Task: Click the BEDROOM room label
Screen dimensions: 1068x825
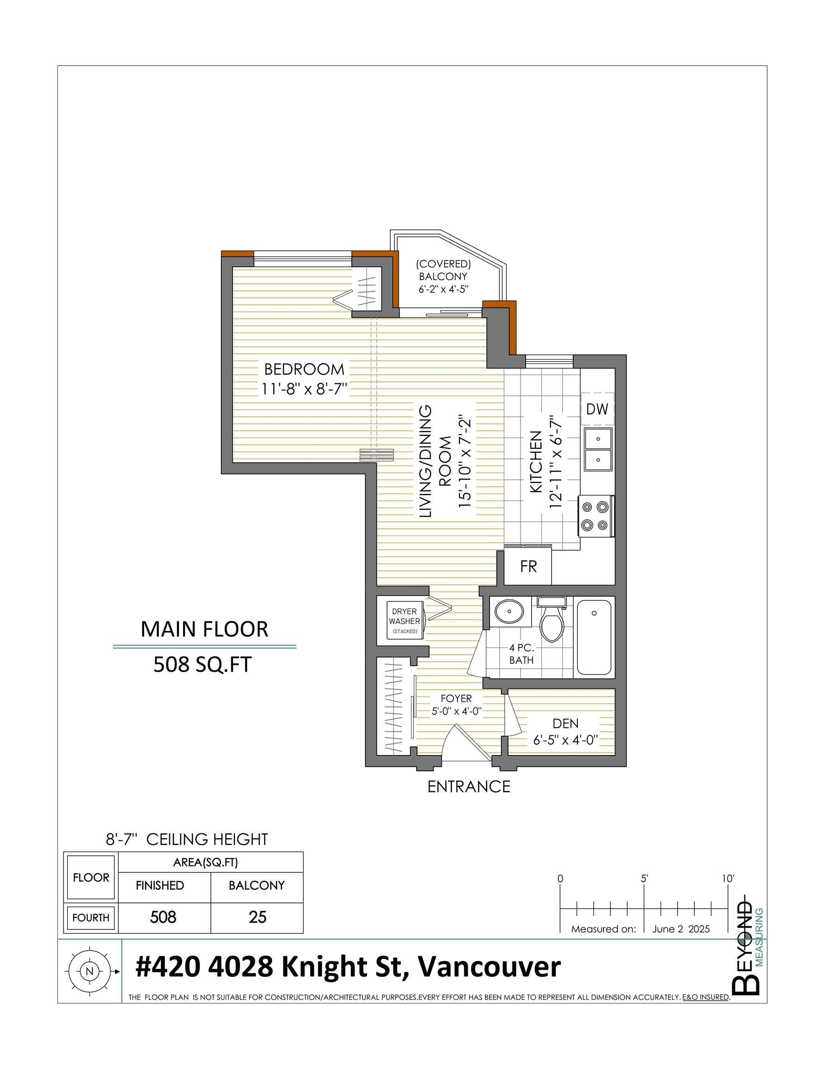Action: click(304, 369)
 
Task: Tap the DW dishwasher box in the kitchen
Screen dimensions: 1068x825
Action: click(597, 409)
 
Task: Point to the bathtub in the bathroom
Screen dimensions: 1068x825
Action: click(594, 637)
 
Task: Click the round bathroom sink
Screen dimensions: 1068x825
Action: click(509, 611)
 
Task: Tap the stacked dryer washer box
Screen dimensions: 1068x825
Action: click(404, 621)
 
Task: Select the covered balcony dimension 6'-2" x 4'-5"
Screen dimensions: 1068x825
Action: click(443, 289)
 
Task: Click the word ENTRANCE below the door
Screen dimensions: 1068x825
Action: click(469, 786)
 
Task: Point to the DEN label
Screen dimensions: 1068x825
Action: click(565, 723)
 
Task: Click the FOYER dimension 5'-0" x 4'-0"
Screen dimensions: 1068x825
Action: click(456, 711)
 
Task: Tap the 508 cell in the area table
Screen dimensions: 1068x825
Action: click(163, 917)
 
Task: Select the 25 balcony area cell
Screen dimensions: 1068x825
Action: click(257, 917)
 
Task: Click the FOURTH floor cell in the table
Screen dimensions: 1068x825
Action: click(91, 917)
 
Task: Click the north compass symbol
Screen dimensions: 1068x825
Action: click(89, 971)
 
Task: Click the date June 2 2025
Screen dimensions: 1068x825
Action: click(681, 929)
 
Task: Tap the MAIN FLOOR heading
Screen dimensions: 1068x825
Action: click(204, 629)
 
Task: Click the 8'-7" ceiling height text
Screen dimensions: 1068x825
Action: click(187, 839)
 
